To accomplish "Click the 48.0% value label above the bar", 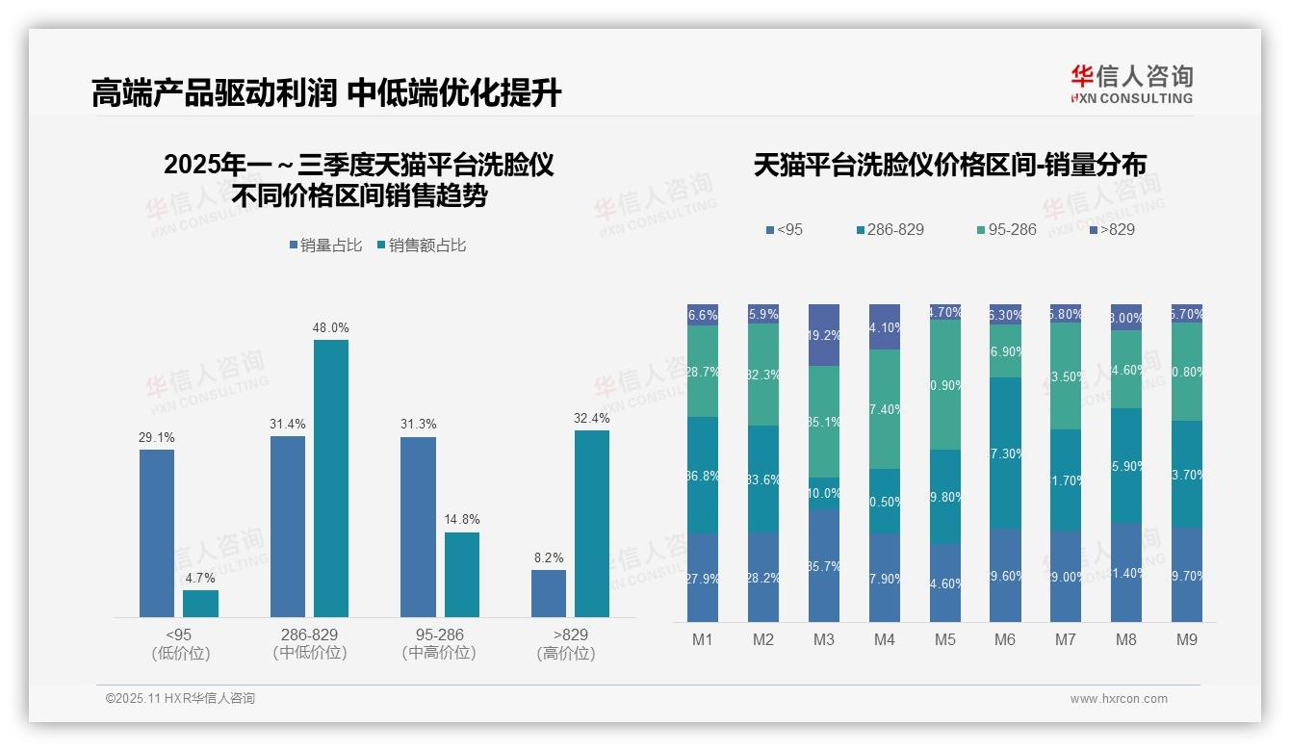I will pos(330,327).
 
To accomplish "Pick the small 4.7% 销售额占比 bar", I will pos(200,603).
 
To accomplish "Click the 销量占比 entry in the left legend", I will pos(325,246).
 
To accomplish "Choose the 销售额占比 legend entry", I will pos(422,246).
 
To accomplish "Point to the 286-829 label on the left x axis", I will pos(309,635).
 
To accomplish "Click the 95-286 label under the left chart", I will pos(439,635).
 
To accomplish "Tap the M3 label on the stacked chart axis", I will pos(824,640).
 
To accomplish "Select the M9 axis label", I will pos(1187,640).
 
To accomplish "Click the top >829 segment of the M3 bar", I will pos(824,335).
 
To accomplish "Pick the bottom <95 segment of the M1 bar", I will pos(703,578).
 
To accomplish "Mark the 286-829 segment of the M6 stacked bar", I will pos(1005,453).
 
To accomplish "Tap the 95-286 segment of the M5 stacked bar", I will pos(944,384).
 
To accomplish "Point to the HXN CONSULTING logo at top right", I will pos(1131,85).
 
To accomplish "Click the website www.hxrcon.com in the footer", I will pos(1119,699).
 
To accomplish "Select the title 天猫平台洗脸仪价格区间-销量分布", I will pos(949,165).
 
